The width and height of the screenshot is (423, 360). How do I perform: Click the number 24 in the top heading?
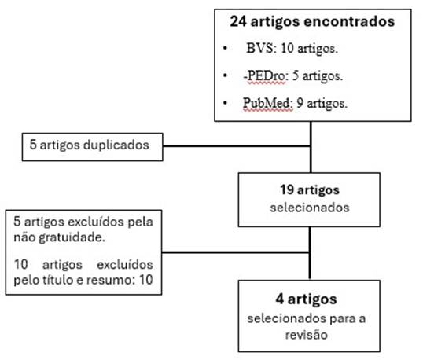coord(238,21)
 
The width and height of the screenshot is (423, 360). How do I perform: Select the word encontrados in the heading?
coord(349,21)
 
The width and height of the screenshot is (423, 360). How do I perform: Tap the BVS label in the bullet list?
coord(259,49)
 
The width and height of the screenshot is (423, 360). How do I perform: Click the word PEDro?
coord(266,75)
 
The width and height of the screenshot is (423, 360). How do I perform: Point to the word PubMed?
coord(267,103)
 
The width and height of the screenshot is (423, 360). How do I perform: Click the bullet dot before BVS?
coord(225,49)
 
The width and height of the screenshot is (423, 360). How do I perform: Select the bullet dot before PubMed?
coord(225,103)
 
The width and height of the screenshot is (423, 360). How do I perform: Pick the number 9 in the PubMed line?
coord(300,103)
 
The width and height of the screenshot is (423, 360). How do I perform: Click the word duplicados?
coord(116,145)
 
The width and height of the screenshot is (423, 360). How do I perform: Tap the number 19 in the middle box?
coord(287,189)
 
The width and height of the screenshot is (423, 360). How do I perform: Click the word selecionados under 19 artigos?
coord(310,208)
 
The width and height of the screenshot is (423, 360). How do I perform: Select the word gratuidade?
coord(72,238)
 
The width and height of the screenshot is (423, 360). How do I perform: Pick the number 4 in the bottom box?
coord(279,299)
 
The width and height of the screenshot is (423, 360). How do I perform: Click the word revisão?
coord(307,335)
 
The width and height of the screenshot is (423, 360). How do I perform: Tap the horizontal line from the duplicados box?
coord(237,146)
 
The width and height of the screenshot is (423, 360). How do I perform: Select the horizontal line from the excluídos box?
coord(236,252)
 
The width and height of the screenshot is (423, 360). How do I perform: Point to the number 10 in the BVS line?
coord(287,49)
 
